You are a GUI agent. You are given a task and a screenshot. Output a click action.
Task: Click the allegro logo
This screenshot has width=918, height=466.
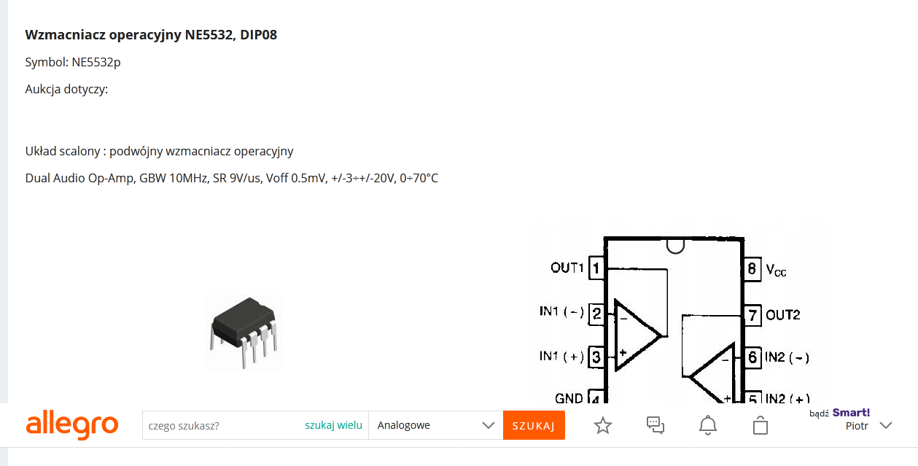[x=72, y=425]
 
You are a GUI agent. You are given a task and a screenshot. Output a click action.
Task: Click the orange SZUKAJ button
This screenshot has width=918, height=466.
[x=534, y=426]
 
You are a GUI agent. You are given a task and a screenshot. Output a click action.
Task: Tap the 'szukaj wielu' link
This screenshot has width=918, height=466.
[x=333, y=425]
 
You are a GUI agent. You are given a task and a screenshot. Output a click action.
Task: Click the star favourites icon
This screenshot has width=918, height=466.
[x=603, y=425]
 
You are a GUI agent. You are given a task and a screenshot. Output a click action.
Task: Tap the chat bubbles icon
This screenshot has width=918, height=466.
[x=656, y=425]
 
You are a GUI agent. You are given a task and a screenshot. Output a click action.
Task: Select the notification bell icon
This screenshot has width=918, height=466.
[x=708, y=425]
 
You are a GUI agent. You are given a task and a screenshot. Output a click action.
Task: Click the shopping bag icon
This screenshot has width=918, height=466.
[x=761, y=425]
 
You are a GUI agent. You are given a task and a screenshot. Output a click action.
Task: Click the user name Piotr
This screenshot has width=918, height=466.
[x=857, y=426]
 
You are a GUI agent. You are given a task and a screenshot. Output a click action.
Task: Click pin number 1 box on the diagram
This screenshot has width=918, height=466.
[x=596, y=268]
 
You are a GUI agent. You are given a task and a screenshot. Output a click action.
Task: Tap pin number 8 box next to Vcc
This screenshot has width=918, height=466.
[x=752, y=268]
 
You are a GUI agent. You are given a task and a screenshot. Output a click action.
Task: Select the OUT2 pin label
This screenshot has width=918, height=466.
[x=782, y=315]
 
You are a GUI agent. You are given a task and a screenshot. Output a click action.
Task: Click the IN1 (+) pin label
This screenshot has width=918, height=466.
[x=561, y=357]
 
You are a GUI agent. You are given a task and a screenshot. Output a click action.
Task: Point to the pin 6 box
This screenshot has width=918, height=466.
[x=752, y=357]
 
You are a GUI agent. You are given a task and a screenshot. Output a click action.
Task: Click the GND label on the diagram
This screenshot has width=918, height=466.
[x=569, y=398]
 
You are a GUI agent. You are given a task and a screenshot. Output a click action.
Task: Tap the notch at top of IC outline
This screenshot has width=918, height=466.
[x=675, y=246]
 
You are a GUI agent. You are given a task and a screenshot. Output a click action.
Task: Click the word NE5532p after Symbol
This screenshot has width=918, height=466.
[x=96, y=62]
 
